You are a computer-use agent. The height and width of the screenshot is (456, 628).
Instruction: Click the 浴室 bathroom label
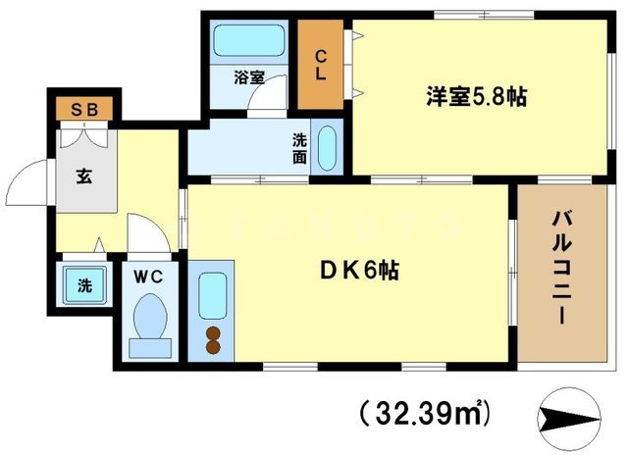tap(248, 77)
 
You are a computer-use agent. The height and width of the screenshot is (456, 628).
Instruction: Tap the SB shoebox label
tap(84, 108)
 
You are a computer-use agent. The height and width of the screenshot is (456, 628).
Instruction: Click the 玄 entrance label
tap(84, 178)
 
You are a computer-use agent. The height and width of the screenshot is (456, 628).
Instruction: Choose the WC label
tap(150, 277)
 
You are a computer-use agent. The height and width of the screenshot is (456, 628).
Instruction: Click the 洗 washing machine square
tap(84, 287)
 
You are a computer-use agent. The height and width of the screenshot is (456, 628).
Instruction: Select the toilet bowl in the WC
tap(150, 322)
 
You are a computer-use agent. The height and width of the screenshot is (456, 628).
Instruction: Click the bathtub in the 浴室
tap(248, 42)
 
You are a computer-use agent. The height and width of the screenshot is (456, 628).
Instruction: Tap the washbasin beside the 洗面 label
tap(328, 147)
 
